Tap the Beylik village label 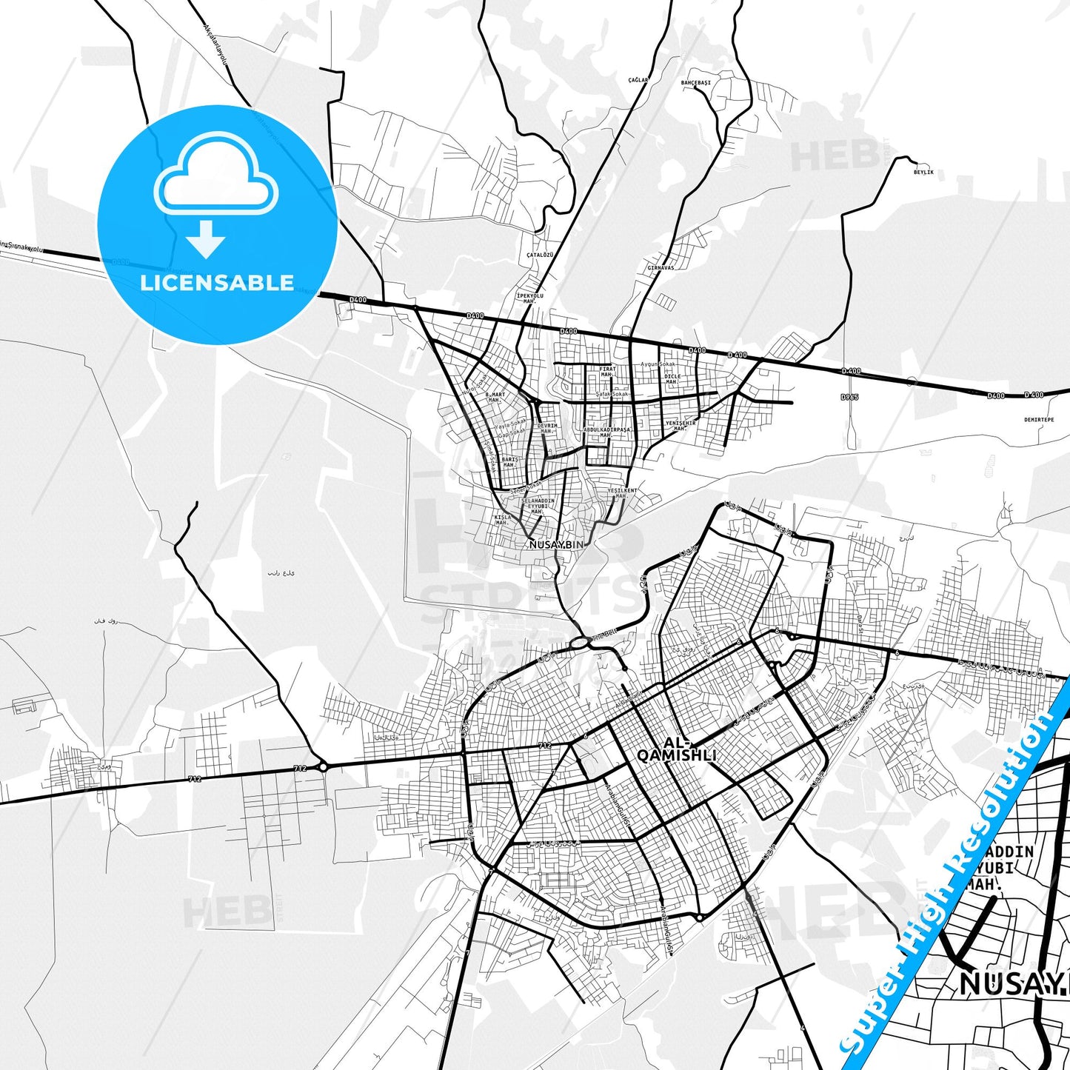click(923, 172)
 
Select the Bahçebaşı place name click(695, 83)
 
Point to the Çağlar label click(638, 79)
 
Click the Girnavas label click(661, 267)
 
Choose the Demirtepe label click(1038, 419)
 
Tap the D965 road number click(849, 397)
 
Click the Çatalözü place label click(539, 254)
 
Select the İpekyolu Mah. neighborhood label click(529, 298)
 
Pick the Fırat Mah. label click(607, 371)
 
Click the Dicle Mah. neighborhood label click(672, 378)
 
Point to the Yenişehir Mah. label click(681, 426)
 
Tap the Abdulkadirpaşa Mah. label click(607, 432)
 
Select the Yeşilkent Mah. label click(622, 492)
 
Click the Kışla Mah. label click(503, 519)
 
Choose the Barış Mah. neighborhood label click(509, 462)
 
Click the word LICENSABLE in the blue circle click(217, 283)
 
